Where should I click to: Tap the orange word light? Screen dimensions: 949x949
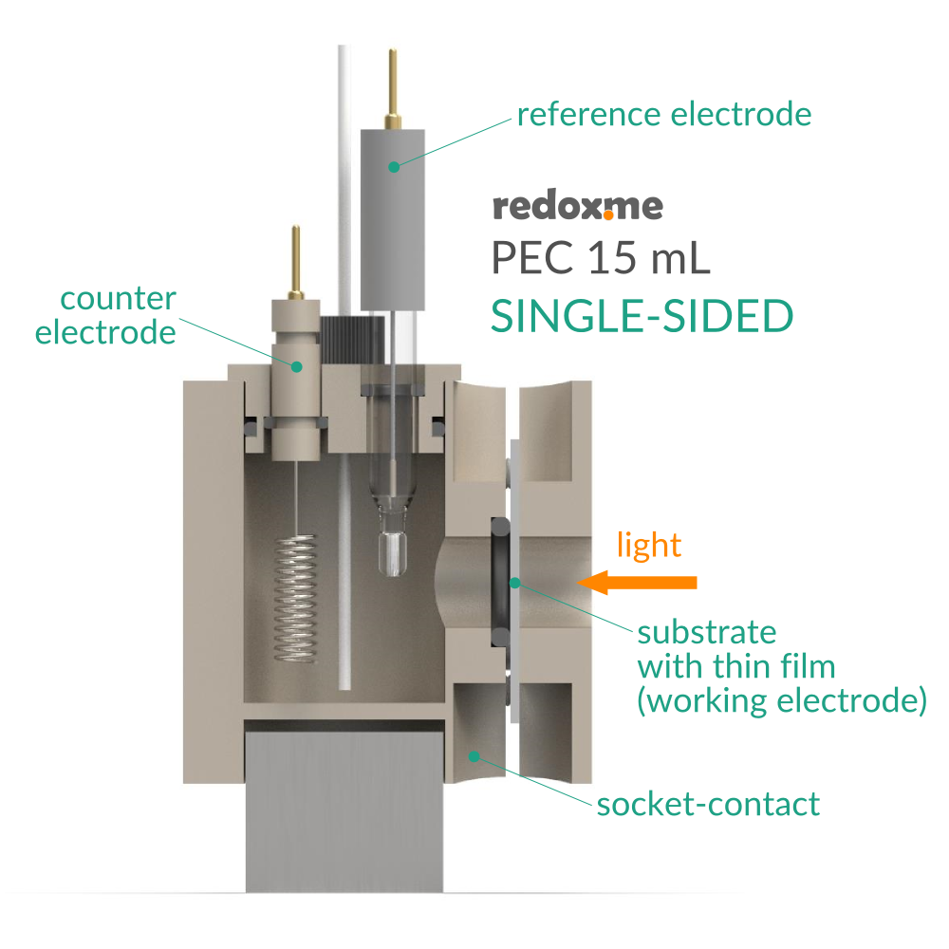(649, 545)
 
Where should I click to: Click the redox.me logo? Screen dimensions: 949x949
(577, 207)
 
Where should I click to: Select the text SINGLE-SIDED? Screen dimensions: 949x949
(642, 316)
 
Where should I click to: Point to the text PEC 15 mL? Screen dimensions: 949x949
(600, 258)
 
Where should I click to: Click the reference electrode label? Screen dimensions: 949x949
(664, 115)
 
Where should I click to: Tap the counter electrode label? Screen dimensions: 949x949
(105, 316)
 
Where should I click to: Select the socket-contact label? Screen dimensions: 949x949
(707, 805)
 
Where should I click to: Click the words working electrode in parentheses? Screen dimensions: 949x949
(781, 701)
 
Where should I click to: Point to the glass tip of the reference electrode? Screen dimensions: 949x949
(392, 551)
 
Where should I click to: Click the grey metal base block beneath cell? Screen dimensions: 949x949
(344, 807)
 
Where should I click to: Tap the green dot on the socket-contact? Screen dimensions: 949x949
(474, 755)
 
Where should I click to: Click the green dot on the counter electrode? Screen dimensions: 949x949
(296, 365)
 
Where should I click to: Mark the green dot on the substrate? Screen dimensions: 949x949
(512, 582)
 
